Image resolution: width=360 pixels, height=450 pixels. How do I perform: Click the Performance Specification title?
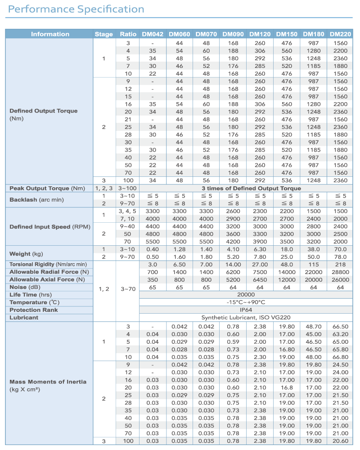pos(76,9)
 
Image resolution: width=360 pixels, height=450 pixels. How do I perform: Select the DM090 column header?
pos(233,34)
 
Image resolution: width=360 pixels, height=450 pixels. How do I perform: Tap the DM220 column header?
pos(341,34)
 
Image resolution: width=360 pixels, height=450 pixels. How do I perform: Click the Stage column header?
pos(103,34)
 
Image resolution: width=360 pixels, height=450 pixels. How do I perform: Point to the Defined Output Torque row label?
pos(43,111)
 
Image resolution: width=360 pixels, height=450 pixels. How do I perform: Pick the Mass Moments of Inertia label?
pos(48,382)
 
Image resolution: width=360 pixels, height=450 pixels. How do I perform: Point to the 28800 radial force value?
pos(341,272)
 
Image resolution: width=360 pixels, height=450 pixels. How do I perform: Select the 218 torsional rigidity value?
pos(341,264)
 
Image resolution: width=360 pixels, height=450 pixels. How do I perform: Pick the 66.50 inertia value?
pos(341,327)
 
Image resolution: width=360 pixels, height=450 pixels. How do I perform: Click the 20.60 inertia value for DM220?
pos(341,441)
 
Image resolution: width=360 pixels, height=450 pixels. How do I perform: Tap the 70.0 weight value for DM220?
pos(341,249)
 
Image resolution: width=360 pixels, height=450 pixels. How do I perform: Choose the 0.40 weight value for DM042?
pos(153,249)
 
